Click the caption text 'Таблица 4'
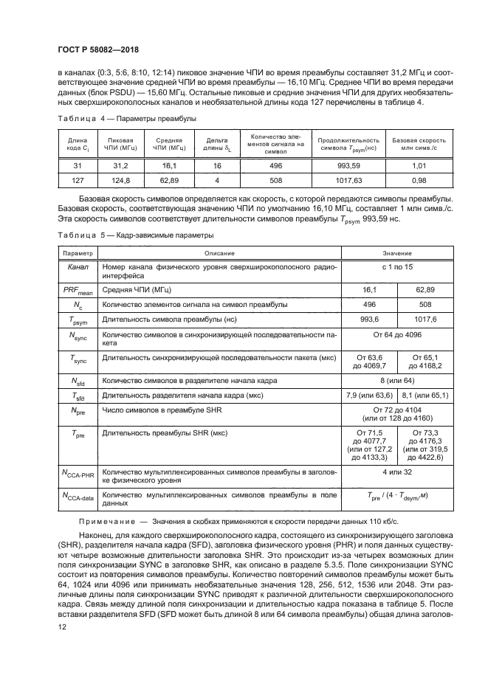[76, 118]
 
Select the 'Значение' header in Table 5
[397, 252]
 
